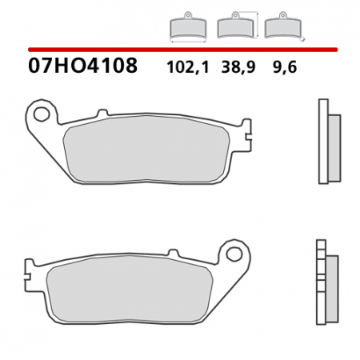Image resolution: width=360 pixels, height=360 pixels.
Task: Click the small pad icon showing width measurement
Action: click(187, 29)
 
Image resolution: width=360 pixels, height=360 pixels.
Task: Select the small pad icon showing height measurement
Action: click(235, 28)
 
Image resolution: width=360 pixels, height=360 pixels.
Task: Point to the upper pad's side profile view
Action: click(328, 141)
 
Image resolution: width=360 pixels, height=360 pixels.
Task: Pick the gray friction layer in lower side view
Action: click(332, 285)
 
